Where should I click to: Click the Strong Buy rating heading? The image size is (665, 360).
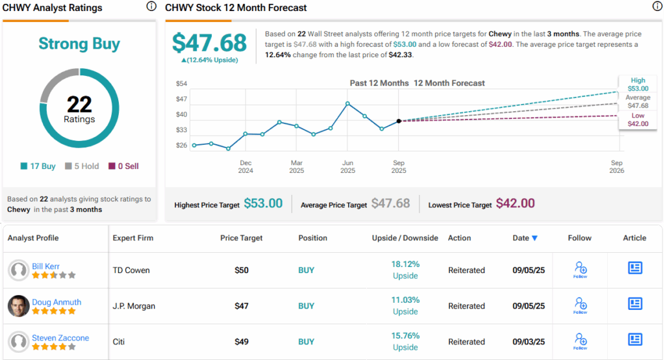tap(79, 44)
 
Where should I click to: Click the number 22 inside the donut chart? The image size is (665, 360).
tap(79, 105)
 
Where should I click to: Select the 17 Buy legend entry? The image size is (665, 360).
tap(38, 166)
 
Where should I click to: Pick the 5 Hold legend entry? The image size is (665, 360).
tap(82, 166)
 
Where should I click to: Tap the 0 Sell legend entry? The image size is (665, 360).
tap(123, 166)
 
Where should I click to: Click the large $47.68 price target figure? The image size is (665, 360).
tap(209, 43)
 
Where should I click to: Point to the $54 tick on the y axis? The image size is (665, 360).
tap(182, 84)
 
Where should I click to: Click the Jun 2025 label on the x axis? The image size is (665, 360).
tap(347, 167)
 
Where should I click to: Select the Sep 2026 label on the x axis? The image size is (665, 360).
tap(616, 167)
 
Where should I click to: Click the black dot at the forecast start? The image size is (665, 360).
tap(399, 121)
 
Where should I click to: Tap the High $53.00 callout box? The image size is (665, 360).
tap(637, 84)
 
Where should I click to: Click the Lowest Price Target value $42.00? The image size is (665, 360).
tap(515, 203)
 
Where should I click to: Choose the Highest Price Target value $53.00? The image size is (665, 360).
tap(263, 203)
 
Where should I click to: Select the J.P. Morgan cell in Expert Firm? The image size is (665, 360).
tap(134, 306)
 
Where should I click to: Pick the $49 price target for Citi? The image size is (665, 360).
tap(241, 342)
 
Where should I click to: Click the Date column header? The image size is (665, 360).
tap(525, 238)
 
